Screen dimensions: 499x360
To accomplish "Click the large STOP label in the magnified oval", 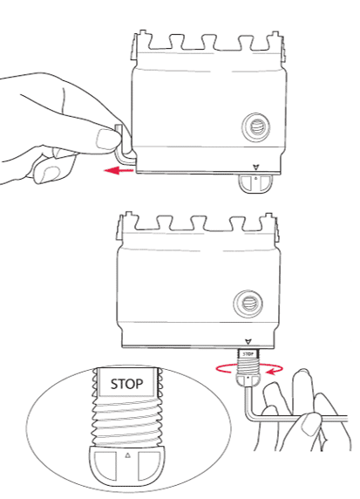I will [126, 382].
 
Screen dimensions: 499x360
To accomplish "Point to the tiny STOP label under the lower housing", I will [247, 354].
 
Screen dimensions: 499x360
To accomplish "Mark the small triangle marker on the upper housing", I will [255, 167].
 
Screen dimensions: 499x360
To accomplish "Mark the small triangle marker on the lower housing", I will [248, 342].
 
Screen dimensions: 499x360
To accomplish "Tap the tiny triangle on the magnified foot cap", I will [127, 455].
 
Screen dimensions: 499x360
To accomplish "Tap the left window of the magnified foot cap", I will [105, 462].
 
